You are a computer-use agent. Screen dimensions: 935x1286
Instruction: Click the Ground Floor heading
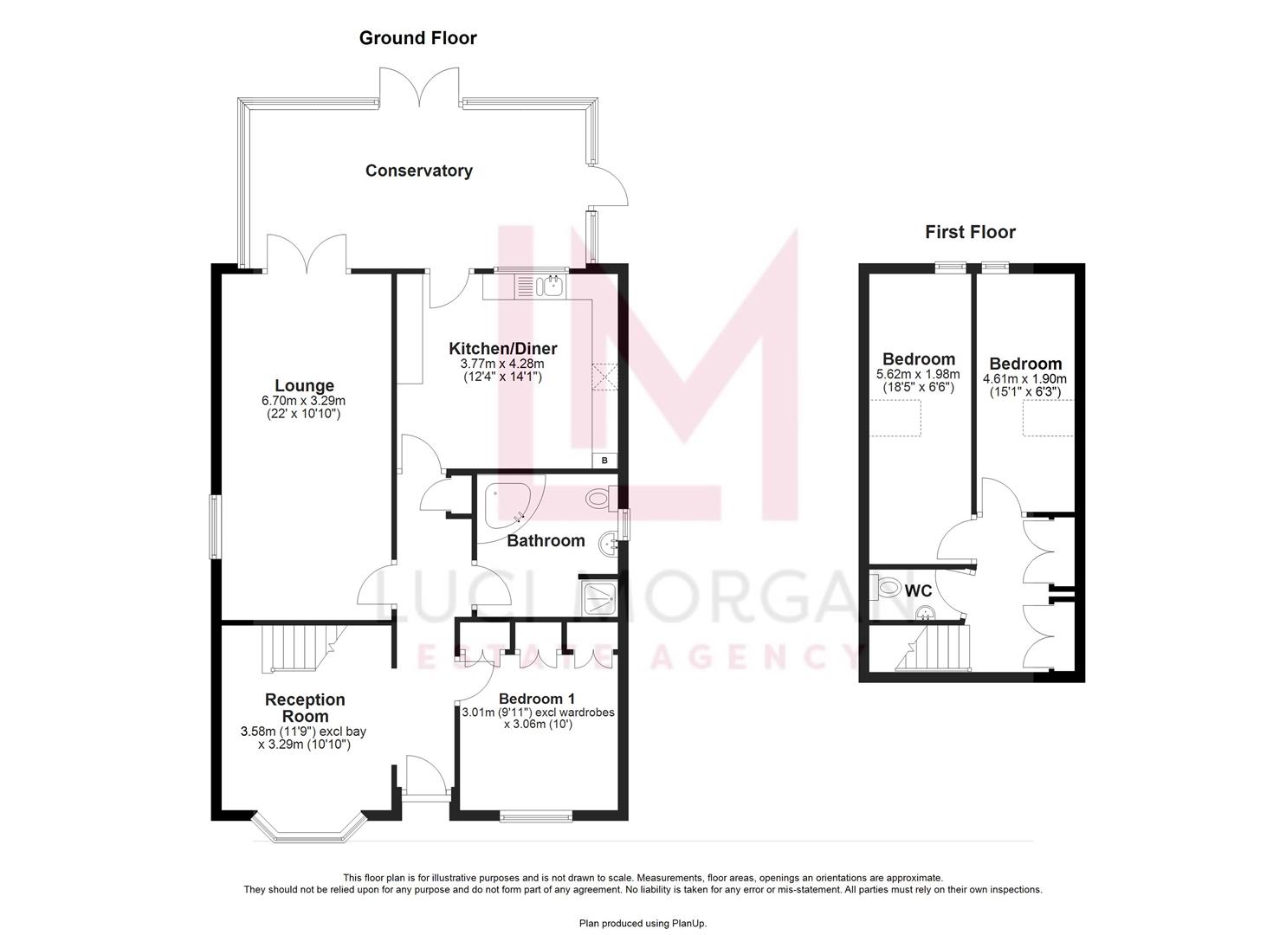[417, 38]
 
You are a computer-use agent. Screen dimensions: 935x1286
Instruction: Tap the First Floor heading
[970, 232]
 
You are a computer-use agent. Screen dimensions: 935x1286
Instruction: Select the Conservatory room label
[419, 171]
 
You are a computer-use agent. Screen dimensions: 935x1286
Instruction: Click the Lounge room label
[304, 386]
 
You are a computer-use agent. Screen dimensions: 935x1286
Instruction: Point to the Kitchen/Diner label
[502, 349]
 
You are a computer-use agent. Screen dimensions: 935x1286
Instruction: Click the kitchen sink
[552, 284]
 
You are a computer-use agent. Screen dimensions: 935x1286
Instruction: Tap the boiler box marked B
[604, 461]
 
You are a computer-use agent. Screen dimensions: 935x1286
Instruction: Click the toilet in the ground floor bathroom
[599, 499]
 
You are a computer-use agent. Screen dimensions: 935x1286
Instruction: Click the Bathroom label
[546, 541]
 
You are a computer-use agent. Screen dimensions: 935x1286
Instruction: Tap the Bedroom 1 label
[537, 699]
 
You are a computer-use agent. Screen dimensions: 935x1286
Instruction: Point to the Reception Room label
[304, 707]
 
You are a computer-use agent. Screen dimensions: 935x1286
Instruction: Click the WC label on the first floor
[918, 591]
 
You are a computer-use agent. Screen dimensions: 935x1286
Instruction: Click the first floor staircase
[940, 649]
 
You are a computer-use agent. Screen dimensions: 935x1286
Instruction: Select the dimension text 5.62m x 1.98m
[918, 375]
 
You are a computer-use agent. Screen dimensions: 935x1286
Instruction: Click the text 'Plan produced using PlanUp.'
[643, 924]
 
